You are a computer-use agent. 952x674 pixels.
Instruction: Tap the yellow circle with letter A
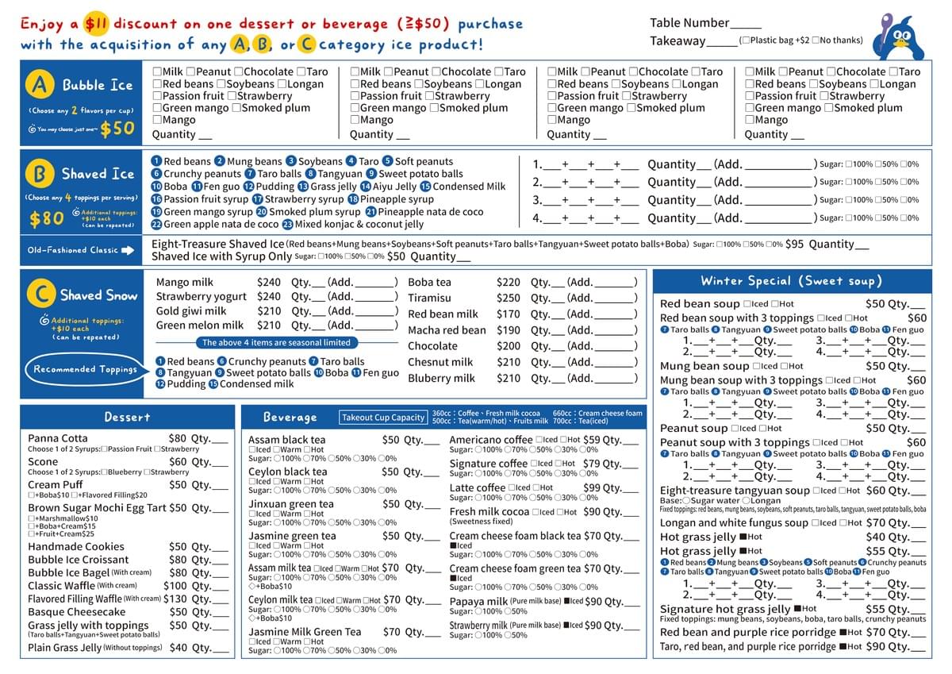(40, 84)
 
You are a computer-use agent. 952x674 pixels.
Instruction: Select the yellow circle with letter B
(40, 173)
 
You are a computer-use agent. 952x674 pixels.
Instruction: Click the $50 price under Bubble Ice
(117, 128)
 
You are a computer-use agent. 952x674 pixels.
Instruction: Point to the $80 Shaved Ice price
(46, 218)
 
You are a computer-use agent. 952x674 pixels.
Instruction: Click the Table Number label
(689, 23)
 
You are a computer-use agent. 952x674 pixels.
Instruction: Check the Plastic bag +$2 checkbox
(743, 40)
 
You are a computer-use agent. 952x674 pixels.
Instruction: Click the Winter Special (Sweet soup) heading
(791, 281)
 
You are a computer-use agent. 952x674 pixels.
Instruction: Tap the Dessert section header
(127, 417)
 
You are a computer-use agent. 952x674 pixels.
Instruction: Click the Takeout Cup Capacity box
(383, 418)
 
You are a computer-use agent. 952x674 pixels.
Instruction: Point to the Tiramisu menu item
(429, 298)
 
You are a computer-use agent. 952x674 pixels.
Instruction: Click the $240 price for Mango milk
(269, 282)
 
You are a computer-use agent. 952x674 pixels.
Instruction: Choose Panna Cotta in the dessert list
(58, 438)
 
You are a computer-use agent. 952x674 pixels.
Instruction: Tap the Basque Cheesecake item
(76, 612)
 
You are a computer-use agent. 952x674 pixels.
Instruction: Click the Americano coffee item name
(491, 440)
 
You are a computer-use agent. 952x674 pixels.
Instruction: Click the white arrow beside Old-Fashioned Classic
(129, 250)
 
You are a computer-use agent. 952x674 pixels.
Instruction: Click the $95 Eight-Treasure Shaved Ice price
(794, 245)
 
